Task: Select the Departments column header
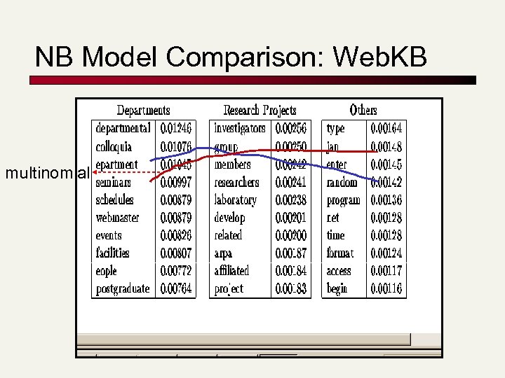[x=143, y=111]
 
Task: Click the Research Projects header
[x=260, y=111]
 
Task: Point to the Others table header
[x=363, y=111]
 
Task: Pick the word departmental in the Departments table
[x=123, y=129]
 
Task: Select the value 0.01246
[x=176, y=129]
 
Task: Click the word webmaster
[x=117, y=218]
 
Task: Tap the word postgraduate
[x=123, y=288]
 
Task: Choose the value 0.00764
[x=176, y=288]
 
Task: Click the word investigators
[x=240, y=129]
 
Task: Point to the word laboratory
[x=235, y=200]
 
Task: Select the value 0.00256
[x=291, y=129]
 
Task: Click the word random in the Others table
[x=342, y=183]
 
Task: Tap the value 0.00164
[x=386, y=129]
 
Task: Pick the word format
[x=340, y=253]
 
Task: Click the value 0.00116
[x=386, y=288]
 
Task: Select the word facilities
[x=112, y=253]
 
